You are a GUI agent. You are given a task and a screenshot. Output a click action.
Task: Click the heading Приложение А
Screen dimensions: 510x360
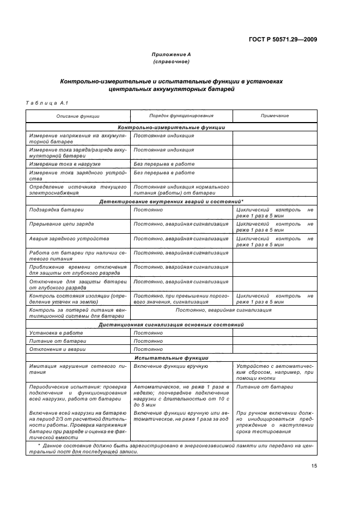point(171,54)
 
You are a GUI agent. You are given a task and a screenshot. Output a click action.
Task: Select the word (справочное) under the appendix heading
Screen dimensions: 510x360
point(171,62)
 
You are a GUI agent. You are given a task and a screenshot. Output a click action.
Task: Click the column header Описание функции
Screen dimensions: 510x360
point(78,116)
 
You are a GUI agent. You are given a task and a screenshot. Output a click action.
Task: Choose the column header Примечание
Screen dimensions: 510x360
point(274,116)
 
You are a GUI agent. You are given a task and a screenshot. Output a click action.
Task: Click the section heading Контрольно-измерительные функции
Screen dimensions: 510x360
point(171,127)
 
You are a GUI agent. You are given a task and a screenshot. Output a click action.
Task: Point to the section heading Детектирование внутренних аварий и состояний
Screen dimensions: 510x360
point(171,202)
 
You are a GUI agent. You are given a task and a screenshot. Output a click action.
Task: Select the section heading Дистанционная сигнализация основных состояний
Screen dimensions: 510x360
point(171,324)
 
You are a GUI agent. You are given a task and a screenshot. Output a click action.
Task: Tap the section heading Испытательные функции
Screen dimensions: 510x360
point(171,358)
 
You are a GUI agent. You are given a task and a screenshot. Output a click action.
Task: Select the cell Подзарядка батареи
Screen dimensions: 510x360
point(56,209)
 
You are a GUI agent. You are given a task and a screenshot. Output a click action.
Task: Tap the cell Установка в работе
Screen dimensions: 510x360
point(56,332)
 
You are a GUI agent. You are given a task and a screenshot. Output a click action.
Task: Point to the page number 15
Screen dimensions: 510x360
point(314,465)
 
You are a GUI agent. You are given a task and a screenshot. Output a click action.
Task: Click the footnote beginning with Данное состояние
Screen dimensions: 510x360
point(171,448)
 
